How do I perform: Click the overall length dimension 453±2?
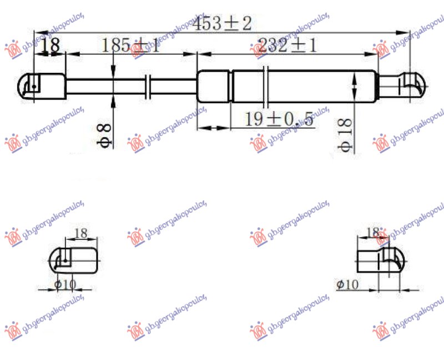(x=223, y=23)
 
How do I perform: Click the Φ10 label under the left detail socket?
(x=65, y=285)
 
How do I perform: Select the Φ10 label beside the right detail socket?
(x=348, y=284)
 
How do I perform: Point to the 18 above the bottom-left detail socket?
(x=80, y=233)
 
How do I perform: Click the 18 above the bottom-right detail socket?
(x=372, y=232)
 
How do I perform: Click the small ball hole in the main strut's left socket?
(x=34, y=86)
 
